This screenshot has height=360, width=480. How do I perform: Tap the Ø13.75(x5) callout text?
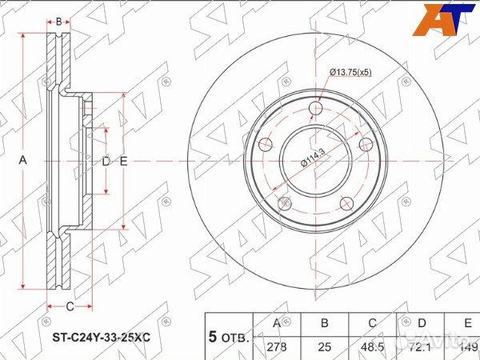pyautogui.click(x=350, y=73)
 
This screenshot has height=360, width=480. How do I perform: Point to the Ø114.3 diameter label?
pyautogui.click(x=313, y=158)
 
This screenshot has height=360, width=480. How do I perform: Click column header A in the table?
pyautogui.click(x=277, y=323)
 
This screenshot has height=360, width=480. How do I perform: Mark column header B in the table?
pyautogui.click(x=325, y=323)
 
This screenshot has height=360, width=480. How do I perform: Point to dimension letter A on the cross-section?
pyautogui.click(x=23, y=161)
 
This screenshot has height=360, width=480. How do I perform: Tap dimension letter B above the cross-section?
pyautogui.click(x=58, y=21)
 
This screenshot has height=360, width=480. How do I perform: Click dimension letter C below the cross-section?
pyautogui.click(x=70, y=306)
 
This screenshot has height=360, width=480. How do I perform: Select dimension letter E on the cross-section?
pyautogui.click(x=124, y=161)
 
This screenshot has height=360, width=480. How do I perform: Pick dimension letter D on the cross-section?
pyautogui.click(x=106, y=161)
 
